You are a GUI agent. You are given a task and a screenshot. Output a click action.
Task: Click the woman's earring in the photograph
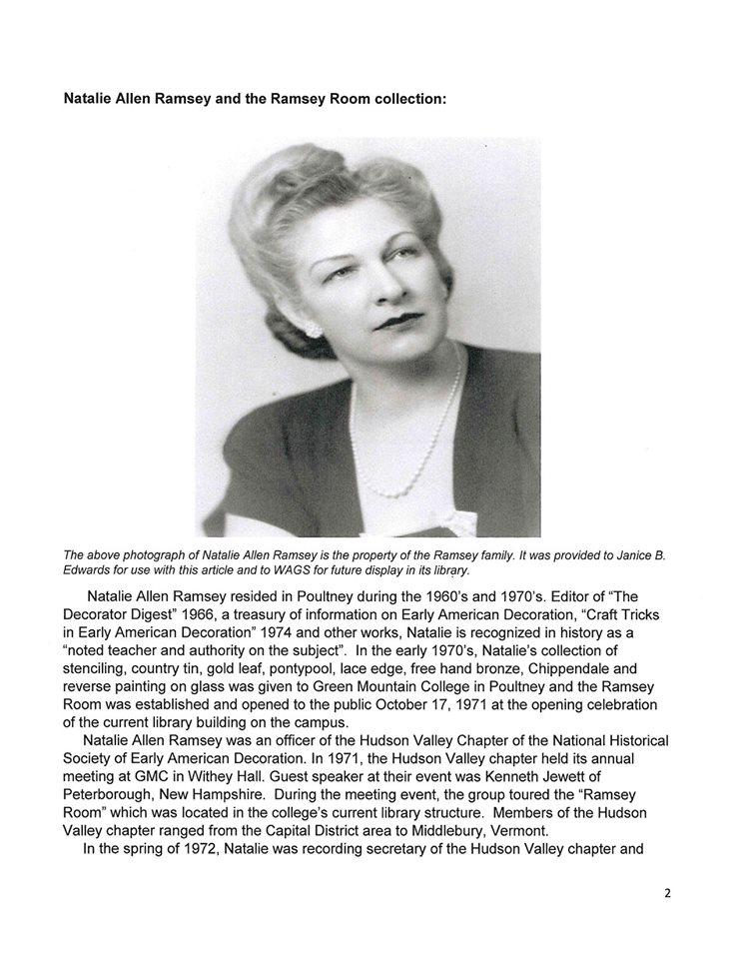[x=311, y=329]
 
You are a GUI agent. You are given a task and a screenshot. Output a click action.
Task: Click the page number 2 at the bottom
[x=667, y=894]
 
